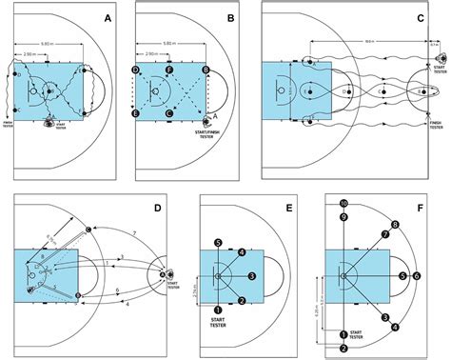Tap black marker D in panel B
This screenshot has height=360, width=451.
coord(137,71)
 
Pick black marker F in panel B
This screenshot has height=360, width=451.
coord(169,71)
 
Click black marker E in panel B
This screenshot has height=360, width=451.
coord(137,113)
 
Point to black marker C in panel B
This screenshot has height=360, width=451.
coord(169,113)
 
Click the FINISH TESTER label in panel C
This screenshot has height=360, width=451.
coord(437,125)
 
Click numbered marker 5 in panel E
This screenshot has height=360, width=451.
coord(219,244)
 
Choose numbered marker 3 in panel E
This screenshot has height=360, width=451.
coord(251,275)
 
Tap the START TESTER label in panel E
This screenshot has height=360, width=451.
coord(219,326)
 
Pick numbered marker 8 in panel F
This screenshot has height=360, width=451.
coord(394,226)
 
